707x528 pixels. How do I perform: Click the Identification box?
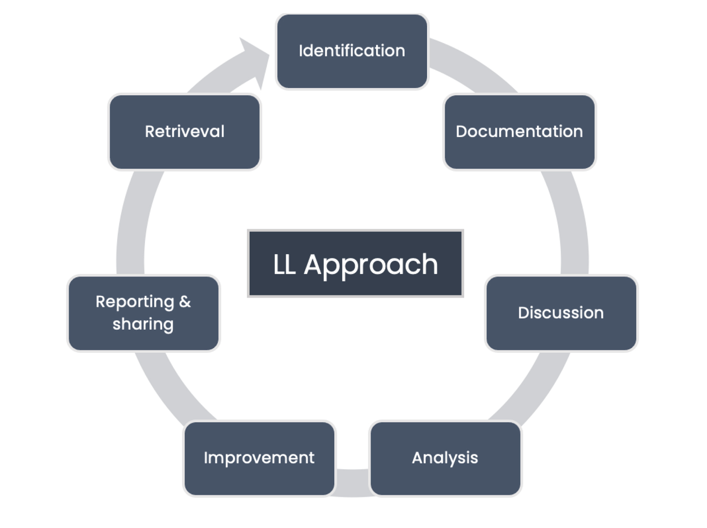click(x=352, y=51)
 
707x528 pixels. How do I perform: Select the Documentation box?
click(x=519, y=132)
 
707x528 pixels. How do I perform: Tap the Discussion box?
click(x=561, y=313)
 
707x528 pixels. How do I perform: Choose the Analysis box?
click(x=445, y=458)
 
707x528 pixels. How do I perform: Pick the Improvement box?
click(x=259, y=458)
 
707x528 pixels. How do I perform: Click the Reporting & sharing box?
click(x=143, y=313)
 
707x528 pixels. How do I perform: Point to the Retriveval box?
click(x=184, y=132)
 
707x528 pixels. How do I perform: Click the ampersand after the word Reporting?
click(x=185, y=302)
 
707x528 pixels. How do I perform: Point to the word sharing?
click(x=143, y=324)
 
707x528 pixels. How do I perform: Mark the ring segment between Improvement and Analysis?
click(x=352, y=482)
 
